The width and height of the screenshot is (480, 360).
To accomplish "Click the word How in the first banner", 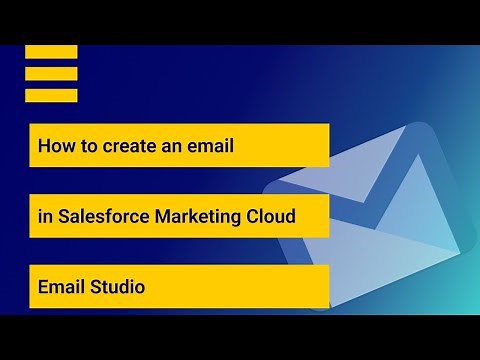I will click(x=54, y=146).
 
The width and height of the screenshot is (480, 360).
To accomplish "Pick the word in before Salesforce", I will click(x=45, y=216).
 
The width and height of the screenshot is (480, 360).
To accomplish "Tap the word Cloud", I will click(x=270, y=216).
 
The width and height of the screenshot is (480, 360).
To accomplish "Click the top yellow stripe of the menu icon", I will click(x=51, y=52).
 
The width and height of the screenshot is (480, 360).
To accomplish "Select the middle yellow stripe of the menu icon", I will click(x=51, y=74).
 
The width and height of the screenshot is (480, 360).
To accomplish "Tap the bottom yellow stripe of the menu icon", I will click(x=51, y=96).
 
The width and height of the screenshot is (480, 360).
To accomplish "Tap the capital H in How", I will click(x=44, y=146).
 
